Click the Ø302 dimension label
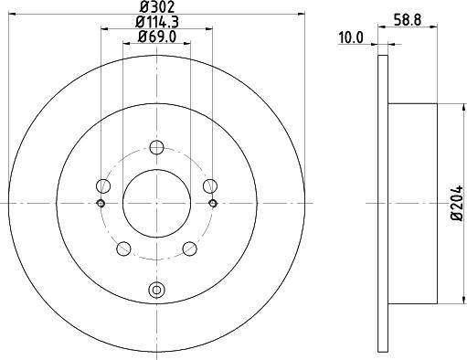(x=157, y=8)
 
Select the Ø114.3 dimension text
(x=157, y=24)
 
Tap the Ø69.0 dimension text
(x=157, y=38)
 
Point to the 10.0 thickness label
(x=351, y=37)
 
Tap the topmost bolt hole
(x=157, y=148)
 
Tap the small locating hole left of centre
(x=101, y=203)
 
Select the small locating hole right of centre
(x=213, y=203)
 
